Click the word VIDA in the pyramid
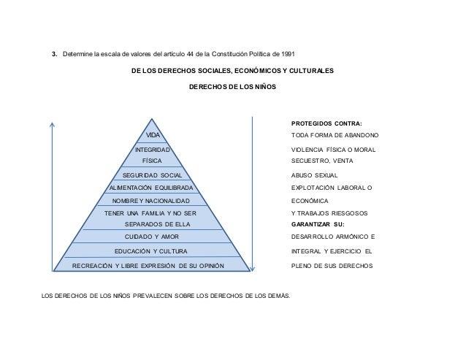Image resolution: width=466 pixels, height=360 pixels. pos(152,135)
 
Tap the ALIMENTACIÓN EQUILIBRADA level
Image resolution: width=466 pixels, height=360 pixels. pos(152,188)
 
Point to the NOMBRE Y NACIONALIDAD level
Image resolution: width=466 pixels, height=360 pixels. pos(151,200)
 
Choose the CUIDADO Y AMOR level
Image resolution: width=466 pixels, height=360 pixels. pos(152,237)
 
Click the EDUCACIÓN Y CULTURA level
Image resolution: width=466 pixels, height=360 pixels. pos(152,251)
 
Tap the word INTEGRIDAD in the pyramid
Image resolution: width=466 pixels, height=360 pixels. pos(152,149)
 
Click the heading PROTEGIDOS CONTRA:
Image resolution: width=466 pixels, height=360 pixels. pos(326,123)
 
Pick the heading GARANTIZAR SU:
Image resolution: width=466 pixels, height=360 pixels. pos(318,224)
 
